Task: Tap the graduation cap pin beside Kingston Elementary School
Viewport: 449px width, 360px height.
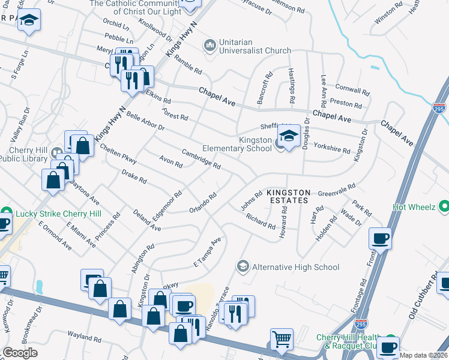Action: (289, 136)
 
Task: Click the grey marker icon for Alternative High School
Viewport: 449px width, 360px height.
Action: (243, 266)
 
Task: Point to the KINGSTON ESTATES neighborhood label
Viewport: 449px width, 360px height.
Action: (289, 196)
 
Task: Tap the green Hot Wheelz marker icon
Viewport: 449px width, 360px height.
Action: (444, 207)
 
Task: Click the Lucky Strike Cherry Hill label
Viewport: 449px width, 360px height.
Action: (58, 214)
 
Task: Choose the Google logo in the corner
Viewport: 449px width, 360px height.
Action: (20, 353)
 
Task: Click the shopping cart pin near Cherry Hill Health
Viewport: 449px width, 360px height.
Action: (282, 340)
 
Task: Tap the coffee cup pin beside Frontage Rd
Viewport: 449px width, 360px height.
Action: (381, 239)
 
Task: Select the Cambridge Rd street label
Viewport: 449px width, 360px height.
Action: (201, 158)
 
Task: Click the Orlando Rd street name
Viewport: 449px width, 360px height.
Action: (203, 202)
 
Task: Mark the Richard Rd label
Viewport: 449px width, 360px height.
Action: (261, 221)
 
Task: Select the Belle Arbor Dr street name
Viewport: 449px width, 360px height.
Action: (145, 120)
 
